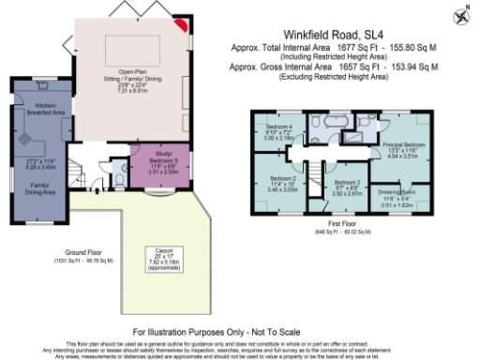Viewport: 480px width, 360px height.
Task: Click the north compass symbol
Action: [x=461, y=17]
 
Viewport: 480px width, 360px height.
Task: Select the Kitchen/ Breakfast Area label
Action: [x=44, y=109]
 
